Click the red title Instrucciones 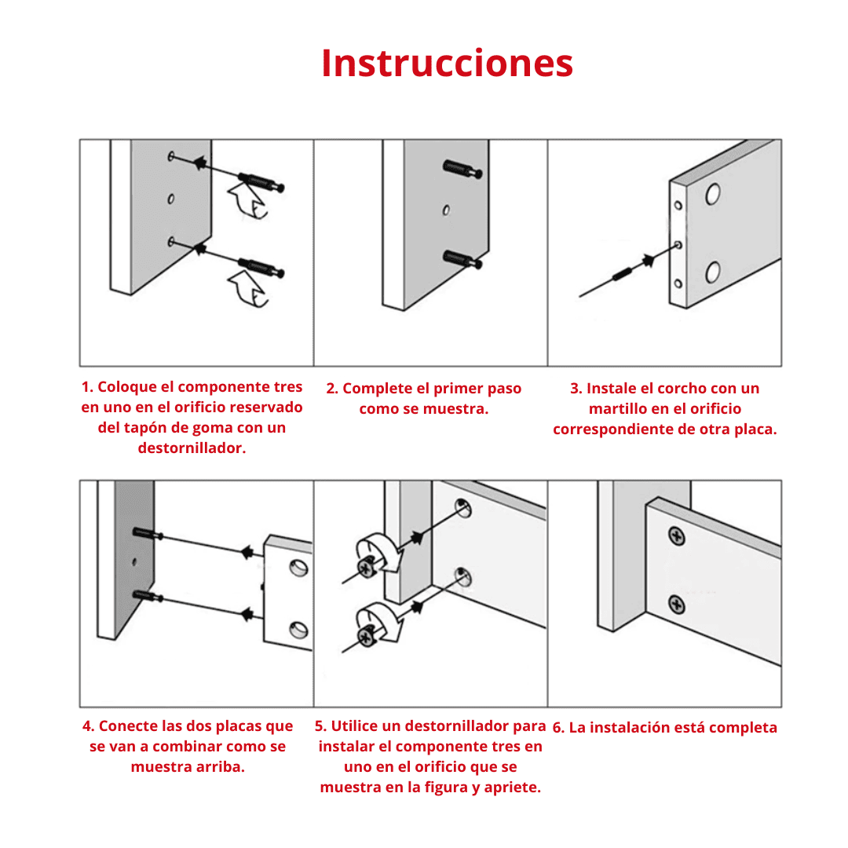coord(447,63)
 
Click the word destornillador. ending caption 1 coord(192,448)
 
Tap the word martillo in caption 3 coord(620,408)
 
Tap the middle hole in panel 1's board coord(171,199)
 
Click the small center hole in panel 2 coord(445,210)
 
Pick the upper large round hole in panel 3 coord(713,193)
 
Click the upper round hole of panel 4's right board coord(298,567)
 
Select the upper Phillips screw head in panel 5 coord(367,566)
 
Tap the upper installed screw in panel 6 coord(676,536)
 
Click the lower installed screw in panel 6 coord(676,605)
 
